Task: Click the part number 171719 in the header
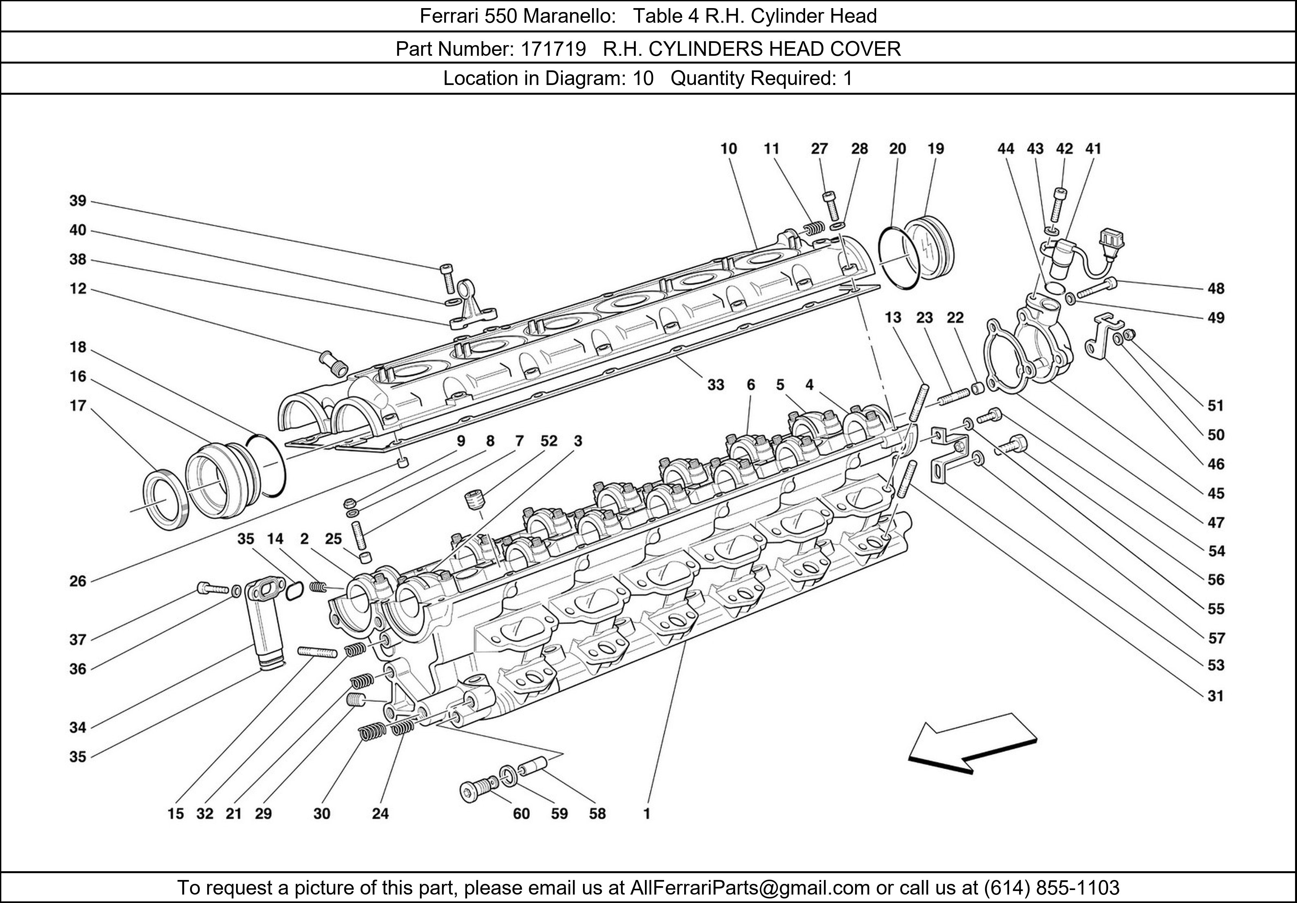click(x=553, y=49)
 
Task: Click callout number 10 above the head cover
click(x=729, y=149)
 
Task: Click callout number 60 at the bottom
click(x=521, y=814)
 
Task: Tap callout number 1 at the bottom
click(x=647, y=814)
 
